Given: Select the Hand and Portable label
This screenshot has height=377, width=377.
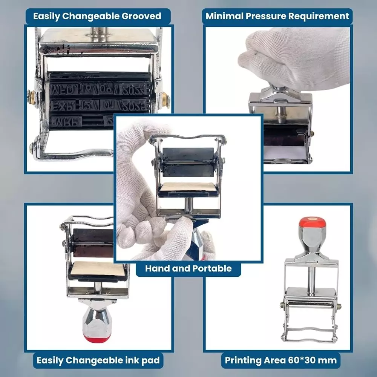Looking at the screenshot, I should click(x=188, y=268).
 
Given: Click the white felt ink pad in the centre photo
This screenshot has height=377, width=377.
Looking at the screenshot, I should click(x=188, y=187).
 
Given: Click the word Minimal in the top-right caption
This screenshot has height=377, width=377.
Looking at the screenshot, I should click(x=225, y=16).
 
